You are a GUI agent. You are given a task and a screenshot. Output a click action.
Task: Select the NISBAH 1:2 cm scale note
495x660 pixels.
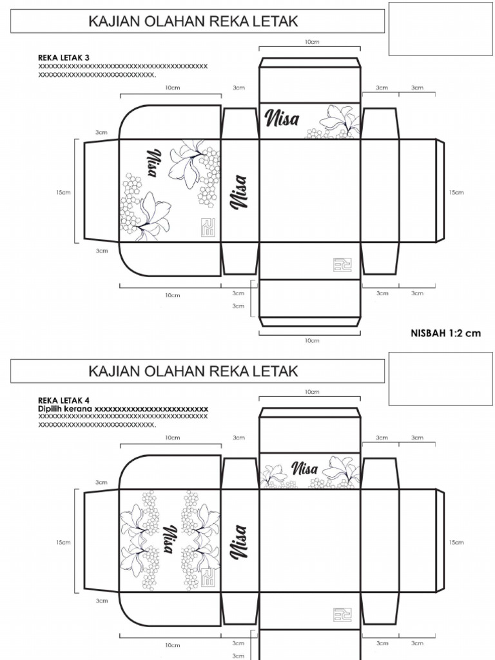tap(445, 333)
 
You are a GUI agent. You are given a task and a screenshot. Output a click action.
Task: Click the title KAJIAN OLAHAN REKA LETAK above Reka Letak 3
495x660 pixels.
tap(193, 22)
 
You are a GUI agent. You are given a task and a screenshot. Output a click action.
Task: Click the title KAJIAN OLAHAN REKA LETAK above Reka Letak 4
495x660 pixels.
tap(193, 371)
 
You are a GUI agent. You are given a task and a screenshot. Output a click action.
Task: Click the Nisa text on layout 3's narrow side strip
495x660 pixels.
tap(240, 191)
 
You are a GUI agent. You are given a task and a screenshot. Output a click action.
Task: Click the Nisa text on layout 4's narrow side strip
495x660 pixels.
tap(240, 541)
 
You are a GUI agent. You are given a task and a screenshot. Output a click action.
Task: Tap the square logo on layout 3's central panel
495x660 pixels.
tap(342, 265)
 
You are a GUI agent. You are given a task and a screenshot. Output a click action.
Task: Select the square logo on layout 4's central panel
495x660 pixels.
tap(342, 614)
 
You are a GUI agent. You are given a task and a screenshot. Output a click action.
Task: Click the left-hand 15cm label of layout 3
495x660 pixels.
tap(63, 192)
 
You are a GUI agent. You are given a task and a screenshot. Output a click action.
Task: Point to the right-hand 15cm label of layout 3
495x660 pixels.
tap(456, 192)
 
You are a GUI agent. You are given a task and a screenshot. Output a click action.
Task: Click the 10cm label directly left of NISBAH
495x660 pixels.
tap(311, 340)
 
